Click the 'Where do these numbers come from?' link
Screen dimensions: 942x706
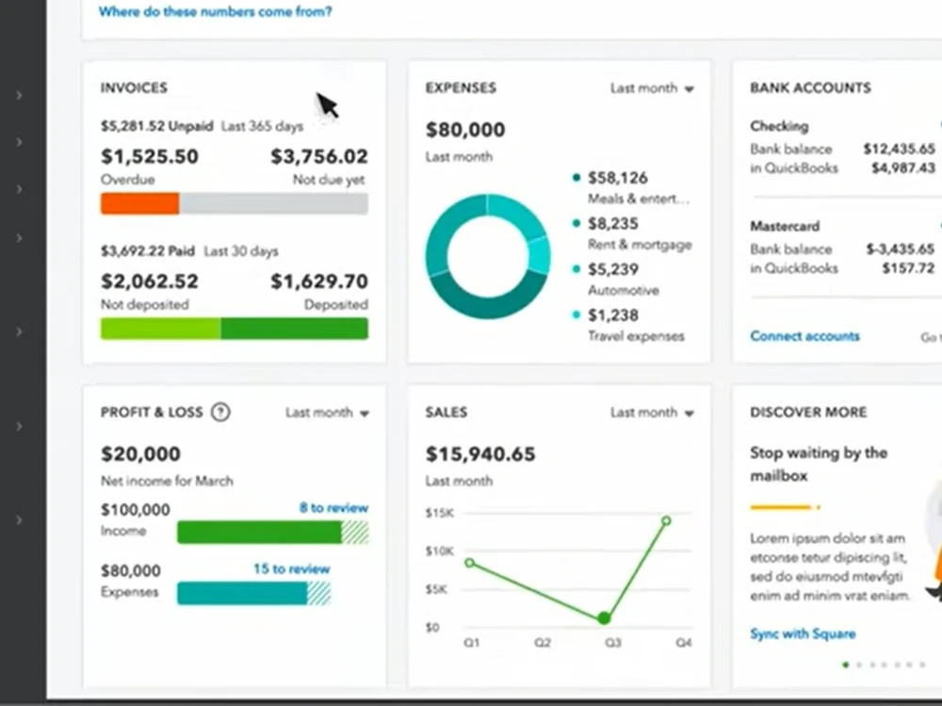(x=215, y=11)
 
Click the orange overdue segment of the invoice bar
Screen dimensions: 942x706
(x=140, y=203)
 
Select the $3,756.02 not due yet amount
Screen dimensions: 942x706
(x=319, y=156)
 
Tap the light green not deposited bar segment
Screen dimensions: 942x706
(x=160, y=329)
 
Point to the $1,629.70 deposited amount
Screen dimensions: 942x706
(x=319, y=281)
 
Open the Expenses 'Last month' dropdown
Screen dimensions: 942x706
(x=652, y=88)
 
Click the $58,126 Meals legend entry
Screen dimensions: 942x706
(x=618, y=178)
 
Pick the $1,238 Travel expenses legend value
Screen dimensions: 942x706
(x=613, y=315)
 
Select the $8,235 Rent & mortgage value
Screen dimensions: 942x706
(x=613, y=223)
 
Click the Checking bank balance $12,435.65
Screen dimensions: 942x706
(x=899, y=149)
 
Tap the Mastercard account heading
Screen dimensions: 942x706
(x=785, y=226)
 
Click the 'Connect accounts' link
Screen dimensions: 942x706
(x=804, y=336)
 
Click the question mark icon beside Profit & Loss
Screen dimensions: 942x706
(x=220, y=412)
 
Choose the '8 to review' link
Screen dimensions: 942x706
(x=333, y=508)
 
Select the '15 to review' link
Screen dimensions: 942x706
(x=291, y=569)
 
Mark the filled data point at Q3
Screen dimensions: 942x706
(x=605, y=618)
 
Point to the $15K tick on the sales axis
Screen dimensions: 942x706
(x=439, y=513)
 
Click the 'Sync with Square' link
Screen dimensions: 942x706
(x=803, y=634)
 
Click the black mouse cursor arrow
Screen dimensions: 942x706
(x=327, y=105)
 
